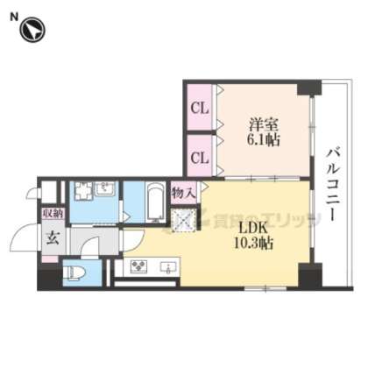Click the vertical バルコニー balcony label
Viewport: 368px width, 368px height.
pos(335,187)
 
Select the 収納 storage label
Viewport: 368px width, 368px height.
pos(52,213)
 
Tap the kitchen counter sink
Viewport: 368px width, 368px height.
pos(169,265)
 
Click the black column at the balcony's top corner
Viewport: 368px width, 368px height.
pos(305,88)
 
